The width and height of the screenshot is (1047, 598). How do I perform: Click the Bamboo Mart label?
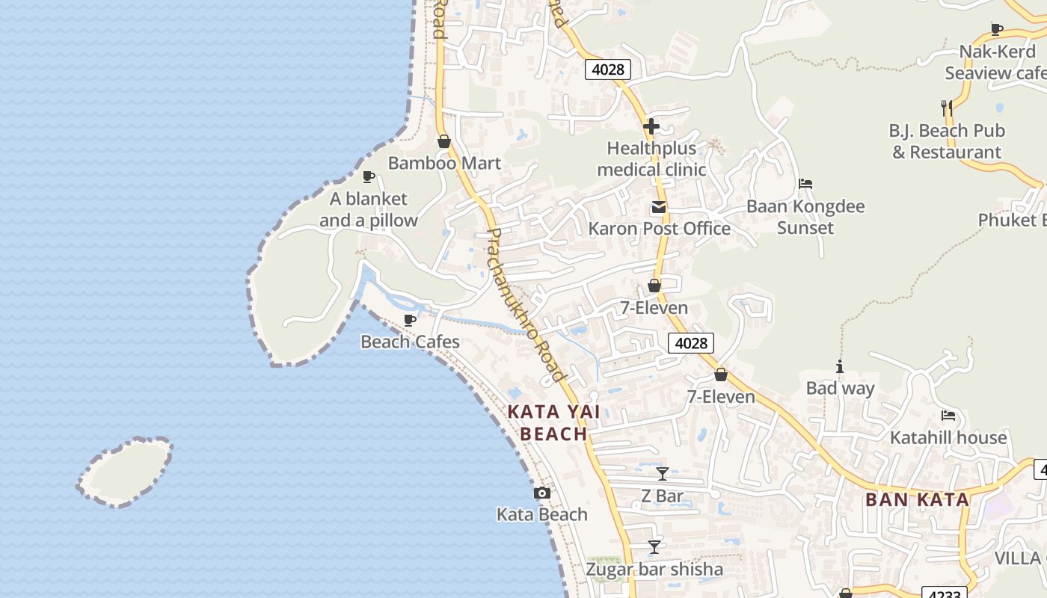(x=444, y=163)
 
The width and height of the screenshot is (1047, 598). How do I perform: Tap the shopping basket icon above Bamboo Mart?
(x=444, y=141)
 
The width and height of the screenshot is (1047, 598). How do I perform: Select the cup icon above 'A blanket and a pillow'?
(x=368, y=177)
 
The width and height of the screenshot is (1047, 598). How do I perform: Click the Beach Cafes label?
(x=410, y=342)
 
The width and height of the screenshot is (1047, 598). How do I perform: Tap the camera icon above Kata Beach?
(x=542, y=493)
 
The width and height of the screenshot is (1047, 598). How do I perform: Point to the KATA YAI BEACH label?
(x=553, y=422)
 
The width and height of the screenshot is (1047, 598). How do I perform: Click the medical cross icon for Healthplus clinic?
(x=651, y=126)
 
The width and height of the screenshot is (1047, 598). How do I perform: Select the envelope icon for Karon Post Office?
(x=659, y=207)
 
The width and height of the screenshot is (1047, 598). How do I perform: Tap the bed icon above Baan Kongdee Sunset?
(x=805, y=184)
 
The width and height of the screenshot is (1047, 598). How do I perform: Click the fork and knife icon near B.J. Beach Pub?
(x=947, y=108)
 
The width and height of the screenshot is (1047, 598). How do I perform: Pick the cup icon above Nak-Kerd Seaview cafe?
(x=997, y=30)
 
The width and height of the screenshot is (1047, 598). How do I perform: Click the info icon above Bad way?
(x=840, y=367)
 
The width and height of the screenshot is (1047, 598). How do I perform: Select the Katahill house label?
(x=948, y=437)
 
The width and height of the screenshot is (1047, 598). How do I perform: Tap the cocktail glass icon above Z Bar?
(x=663, y=473)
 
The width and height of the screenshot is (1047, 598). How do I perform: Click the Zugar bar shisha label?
(x=654, y=570)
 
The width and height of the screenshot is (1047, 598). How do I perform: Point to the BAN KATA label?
(x=917, y=500)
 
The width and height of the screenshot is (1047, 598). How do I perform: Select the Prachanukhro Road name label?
(x=523, y=306)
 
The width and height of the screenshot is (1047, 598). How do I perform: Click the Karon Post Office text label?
(x=659, y=229)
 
